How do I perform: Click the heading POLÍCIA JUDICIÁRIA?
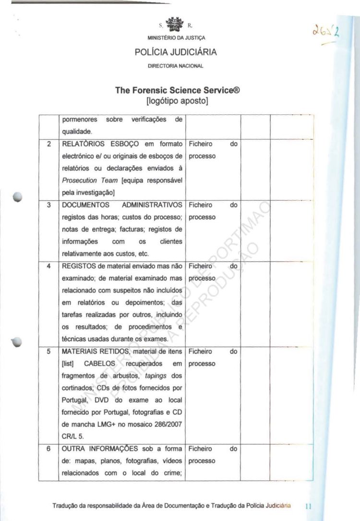coord(176,52)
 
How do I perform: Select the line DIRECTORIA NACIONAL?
coord(176,65)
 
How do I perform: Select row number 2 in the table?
coord(48,144)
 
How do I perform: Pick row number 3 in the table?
coord(48,205)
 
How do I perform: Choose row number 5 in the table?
coord(48,351)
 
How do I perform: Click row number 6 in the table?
coord(48,449)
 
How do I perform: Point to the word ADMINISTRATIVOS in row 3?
coord(152,205)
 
